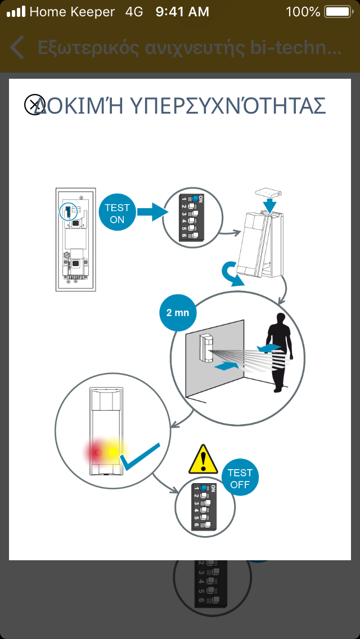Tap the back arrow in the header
point(17,48)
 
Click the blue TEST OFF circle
point(240,479)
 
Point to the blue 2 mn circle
point(178,312)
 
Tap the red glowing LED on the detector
point(97,451)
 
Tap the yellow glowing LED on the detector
point(114,451)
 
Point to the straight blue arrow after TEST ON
point(152,213)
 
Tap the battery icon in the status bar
point(337,11)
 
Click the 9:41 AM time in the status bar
point(182,11)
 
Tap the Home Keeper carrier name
point(72,11)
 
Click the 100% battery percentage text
point(303,11)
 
